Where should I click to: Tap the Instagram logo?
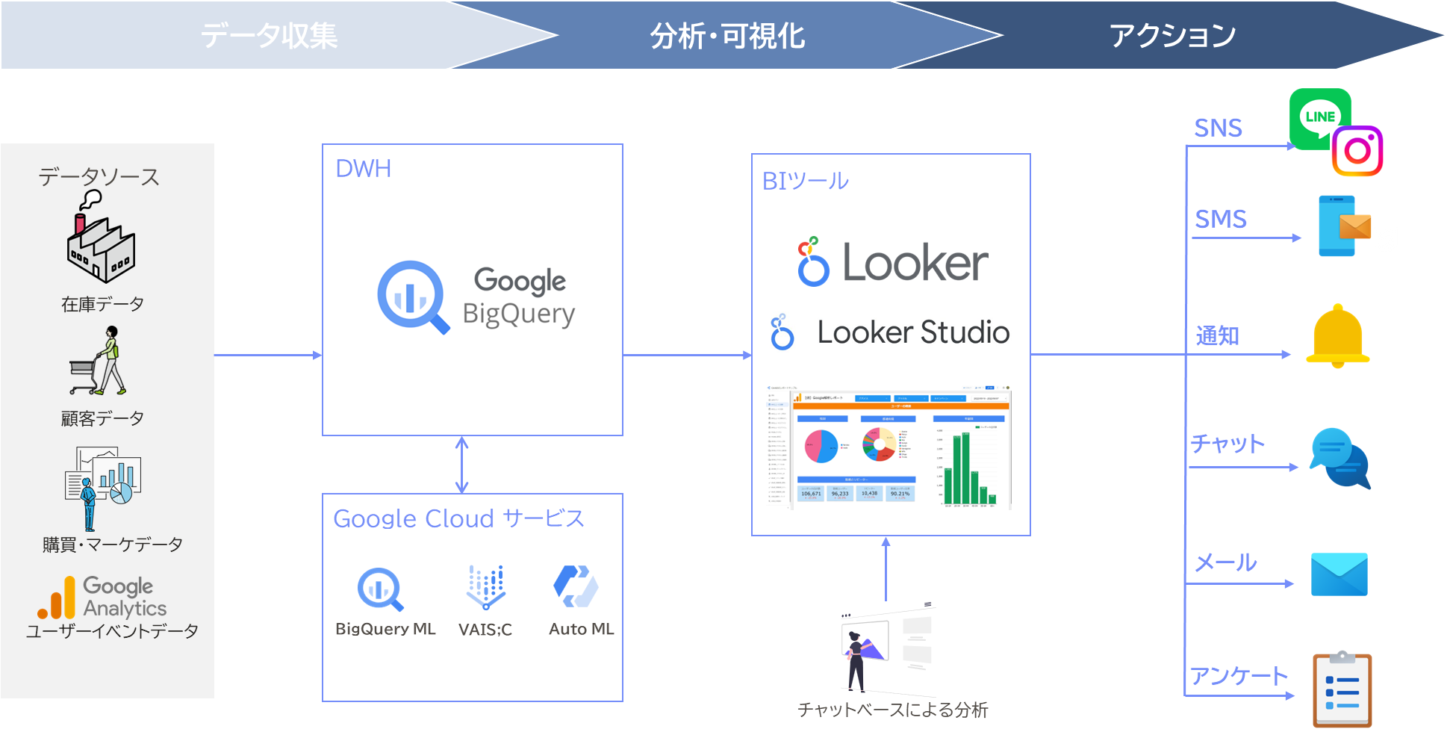pos(1357,151)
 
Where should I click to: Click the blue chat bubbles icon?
pos(1340,458)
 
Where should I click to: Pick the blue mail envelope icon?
pos(1339,574)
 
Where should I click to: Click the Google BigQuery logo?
pos(476,298)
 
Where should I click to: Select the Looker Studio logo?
pos(889,331)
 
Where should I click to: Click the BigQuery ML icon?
pos(381,589)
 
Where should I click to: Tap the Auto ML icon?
pos(576,586)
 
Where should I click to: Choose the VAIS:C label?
pos(485,630)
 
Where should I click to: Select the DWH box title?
pos(364,169)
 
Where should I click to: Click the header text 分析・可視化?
pos(726,36)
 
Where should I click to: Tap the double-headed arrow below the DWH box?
pos(461,465)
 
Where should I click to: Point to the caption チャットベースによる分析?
pos(892,710)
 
